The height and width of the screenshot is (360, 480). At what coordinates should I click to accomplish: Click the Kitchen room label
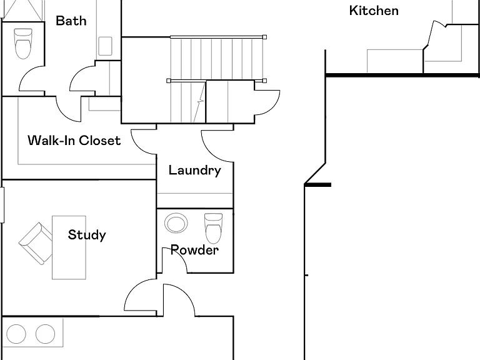(x=374, y=11)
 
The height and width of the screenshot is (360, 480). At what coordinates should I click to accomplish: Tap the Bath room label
(x=71, y=21)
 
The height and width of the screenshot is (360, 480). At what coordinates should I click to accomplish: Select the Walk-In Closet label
(x=74, y=140)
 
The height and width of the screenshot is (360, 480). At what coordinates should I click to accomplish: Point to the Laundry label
(x=195, y=171)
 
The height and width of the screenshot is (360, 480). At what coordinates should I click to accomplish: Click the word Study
(x=87, y=235)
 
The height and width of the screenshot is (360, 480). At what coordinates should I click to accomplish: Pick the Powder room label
(x=194, y=250)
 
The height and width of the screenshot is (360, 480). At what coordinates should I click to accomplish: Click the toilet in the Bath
(x=23, y=44)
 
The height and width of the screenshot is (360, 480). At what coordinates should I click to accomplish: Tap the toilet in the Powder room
(x=213, y=228)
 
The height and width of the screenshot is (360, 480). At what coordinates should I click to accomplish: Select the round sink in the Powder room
(x=176, y=223)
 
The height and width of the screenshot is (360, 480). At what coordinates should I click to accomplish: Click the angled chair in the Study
(x=36, y=243)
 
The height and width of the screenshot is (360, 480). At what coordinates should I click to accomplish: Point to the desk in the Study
(x=69, y=247)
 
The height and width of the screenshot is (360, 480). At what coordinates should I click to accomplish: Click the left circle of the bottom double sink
(x=16, y=334)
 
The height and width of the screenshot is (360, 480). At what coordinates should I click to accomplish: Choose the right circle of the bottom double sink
(x=45, y=334)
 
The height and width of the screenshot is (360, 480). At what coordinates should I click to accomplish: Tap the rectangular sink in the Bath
(x=105, y=46)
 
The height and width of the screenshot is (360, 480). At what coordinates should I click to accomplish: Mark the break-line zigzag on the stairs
(x=199, y=101)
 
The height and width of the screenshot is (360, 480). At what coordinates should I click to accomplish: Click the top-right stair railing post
(x=264, y=37)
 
